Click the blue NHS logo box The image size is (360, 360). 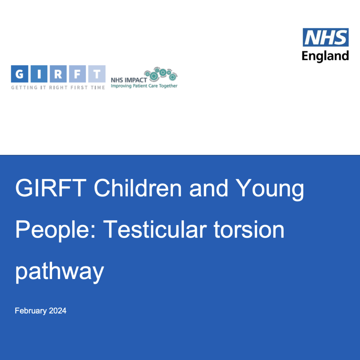pyautogui.click(x=326, y=37)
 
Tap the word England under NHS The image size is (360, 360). pyautogui.click(x=326, y=56)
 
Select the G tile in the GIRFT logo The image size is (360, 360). pyautogui.click(x=20, y=74)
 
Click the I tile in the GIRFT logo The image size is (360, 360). pyautogui.click(x=39, y=74)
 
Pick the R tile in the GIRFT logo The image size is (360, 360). pyautogui.click(x=58, y=74)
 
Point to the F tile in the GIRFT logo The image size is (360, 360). pyautogui.click(x=77, y=74)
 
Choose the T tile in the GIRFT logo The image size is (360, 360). pyautogui.click(x=96, y=74)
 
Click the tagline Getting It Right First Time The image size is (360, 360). pyautogui.click(x=58, y=88)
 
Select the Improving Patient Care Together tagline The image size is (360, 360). pyautogui.click(x=144, y=86)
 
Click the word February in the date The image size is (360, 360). pyautogui.click(x=31, y=311)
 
